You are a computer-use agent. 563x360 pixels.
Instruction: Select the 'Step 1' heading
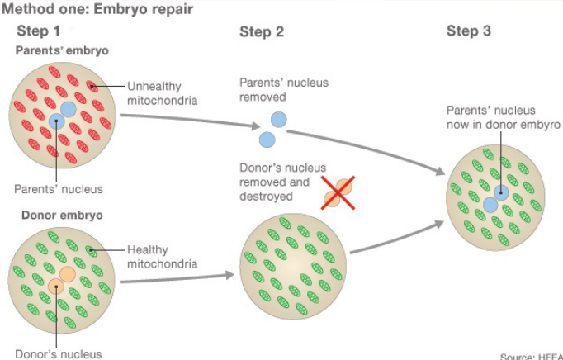click(x=38, y=31)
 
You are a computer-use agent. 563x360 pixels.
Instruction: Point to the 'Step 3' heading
click(x=469, y=31)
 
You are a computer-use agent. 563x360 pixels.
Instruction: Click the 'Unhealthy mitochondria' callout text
click(x=162, y=92)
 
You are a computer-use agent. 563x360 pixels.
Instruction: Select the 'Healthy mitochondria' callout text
click(x=162, y=257)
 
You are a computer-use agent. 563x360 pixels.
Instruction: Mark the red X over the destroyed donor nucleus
click(x=338, y=192)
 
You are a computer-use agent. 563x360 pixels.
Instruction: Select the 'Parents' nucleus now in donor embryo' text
click(x=503, y=117)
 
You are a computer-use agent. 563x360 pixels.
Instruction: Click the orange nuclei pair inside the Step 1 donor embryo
click(x=61, y=280)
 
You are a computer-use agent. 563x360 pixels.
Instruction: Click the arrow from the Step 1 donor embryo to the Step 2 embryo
click(x=177, y=277)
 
